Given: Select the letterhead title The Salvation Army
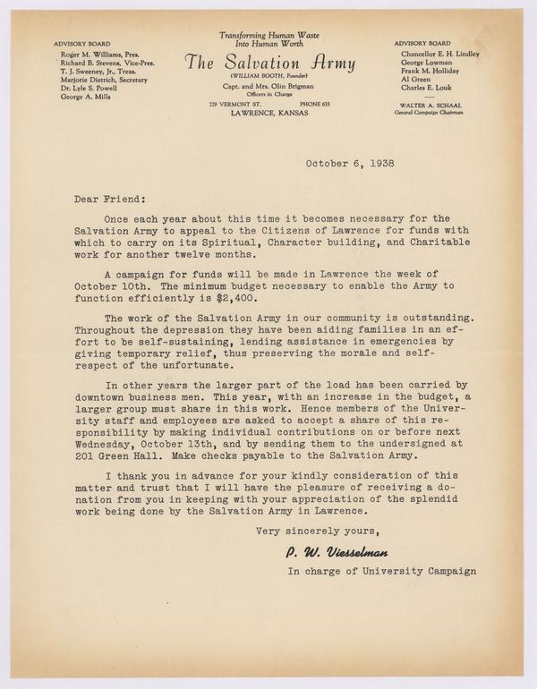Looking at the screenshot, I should [269, 64].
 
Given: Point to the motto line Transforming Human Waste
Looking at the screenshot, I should [269, 33].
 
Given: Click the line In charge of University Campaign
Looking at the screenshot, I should [381, 571].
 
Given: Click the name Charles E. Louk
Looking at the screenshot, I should [420, 88].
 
